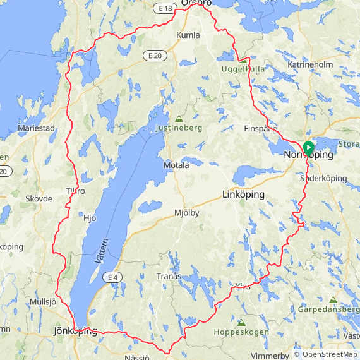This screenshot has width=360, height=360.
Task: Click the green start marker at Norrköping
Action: tap(309, 148)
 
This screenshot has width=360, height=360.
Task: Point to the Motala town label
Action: tap(176, 165)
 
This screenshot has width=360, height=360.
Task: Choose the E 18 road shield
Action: tap(165, 8)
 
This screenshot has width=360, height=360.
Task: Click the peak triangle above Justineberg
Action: tap(179, 118)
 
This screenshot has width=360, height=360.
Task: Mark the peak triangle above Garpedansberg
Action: tap(333, 300)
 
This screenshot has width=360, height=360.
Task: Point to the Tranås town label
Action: tap(169, 277)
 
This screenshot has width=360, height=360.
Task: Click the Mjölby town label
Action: tap(186, 213)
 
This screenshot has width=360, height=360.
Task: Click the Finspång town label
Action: tap(260, 129)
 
